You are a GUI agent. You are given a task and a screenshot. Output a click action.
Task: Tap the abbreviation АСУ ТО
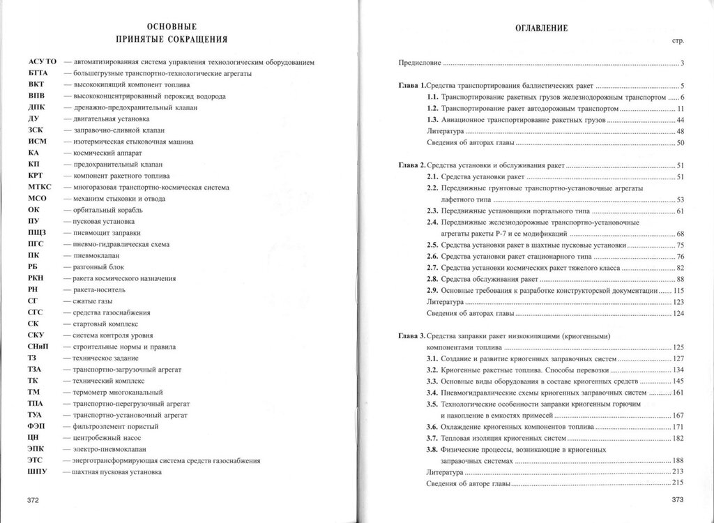tap(42, 63)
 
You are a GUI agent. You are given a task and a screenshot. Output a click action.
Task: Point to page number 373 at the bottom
tap(676, 500)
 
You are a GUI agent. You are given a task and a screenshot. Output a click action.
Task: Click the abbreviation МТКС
tap(40, 187)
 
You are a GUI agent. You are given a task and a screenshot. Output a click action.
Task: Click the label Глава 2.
tap(411, 166)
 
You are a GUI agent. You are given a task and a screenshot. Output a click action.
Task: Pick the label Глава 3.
tap(411, 336)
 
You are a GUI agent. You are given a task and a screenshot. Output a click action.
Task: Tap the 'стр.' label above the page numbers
tap(677, 42)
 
